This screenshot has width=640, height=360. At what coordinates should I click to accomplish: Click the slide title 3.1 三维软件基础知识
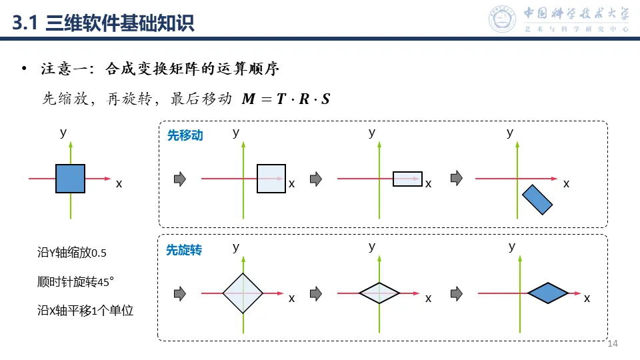(x=103, y=24)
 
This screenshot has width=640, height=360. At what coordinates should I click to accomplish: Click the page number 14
(x=613, y=343)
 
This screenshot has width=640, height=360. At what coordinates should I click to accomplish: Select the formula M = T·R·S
(x=285, y=99)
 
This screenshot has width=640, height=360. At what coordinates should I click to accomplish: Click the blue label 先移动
(x=185, y=135)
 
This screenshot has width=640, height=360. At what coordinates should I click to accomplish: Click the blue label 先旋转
(x=184, y=250)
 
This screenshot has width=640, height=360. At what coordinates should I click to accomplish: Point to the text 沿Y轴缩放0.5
(x=72, y=253)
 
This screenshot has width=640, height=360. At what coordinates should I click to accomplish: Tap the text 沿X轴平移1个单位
(x=86, y=310)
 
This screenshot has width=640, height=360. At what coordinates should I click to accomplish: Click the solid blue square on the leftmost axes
(x=70, y=179)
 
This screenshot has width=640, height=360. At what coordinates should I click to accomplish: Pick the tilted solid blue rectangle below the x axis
(x=537, y=199)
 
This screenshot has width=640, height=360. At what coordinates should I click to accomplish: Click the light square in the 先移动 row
(x=271, y=179)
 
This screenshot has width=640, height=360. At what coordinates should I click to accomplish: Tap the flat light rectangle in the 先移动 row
(x=407, y=179)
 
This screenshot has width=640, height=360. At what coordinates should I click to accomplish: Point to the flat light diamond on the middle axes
(x=379, y=293)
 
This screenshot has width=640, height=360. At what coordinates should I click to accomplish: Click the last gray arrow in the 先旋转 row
(x=457, y=293)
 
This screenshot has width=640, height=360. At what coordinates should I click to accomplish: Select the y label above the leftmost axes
(x=63, y=133)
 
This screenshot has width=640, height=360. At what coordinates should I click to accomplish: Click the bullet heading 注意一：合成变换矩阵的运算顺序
(x=159, y=69)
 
